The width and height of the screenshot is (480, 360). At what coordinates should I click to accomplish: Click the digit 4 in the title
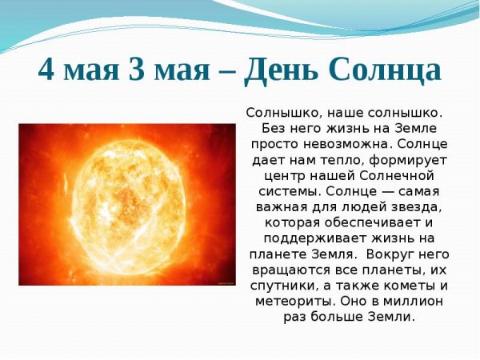(48, 70)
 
